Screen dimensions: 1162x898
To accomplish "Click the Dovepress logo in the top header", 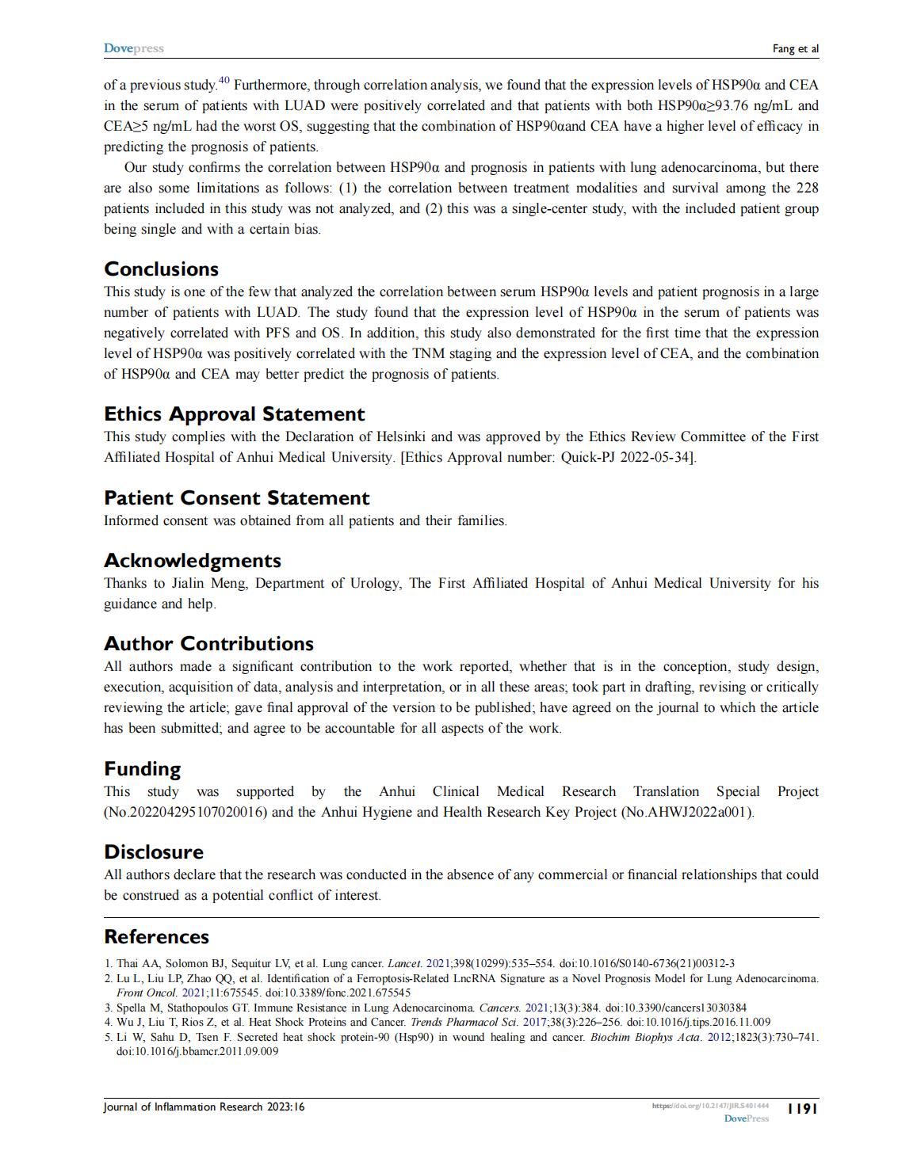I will [133, 48].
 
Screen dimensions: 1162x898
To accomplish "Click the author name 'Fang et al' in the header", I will [795, 49].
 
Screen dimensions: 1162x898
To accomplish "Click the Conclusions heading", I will [161, 269].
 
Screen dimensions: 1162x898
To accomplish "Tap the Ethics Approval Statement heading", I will [234, 413].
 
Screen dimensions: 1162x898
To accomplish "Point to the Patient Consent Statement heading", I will [236, 497].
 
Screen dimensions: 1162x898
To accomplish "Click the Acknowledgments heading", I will [192, 560].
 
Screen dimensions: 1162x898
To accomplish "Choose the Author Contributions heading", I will [208, 643].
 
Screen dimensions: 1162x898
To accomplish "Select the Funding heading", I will [142, 768].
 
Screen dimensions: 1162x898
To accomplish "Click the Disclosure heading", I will [154, 851].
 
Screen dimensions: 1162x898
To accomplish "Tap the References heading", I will [156, 936].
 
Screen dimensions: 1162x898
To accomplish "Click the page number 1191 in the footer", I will [801, 1108].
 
